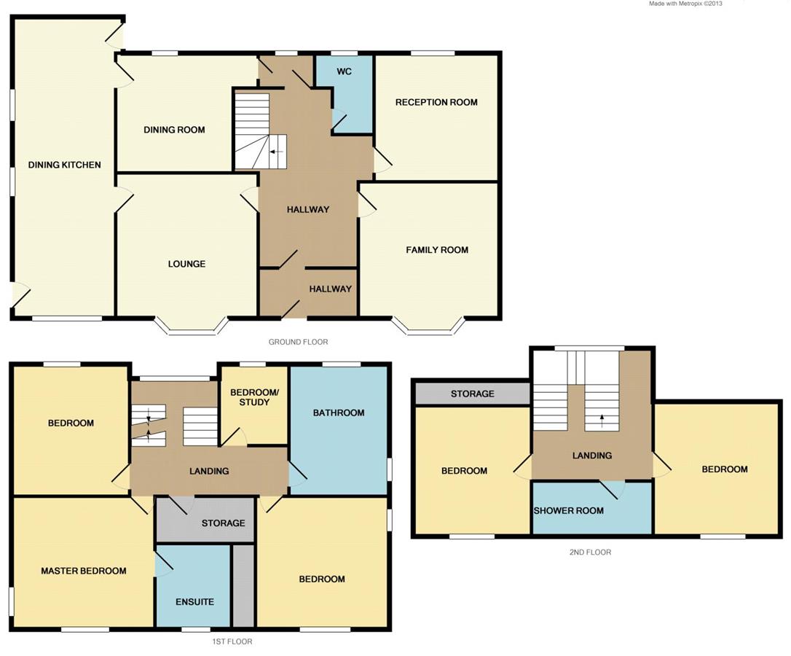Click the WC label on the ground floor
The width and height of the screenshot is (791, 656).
coord(344,72)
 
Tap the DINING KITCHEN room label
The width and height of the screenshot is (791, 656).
coord(65,165)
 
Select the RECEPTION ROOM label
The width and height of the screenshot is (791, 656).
coord(436,102)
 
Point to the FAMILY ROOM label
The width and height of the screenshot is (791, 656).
coord(437,250)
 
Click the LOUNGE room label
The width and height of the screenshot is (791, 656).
coord(186,264)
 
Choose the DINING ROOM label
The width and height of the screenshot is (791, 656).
coord(174,130)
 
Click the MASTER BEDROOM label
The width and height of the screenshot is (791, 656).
coord(84,571)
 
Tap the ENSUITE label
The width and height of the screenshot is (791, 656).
coord(194,602)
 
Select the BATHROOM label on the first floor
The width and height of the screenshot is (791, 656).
coord(339,413)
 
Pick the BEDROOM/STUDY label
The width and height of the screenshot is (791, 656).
coord(254,397)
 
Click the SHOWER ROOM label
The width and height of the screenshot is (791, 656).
coord(569,510)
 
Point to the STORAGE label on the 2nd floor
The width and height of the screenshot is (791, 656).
coord(472,394)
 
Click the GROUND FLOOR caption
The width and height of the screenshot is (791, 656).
coord(299,342)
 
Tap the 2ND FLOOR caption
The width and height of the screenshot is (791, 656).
coord(590,552)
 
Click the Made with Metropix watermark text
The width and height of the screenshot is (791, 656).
coord(685,4)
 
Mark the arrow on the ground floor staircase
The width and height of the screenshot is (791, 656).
coord(275,152)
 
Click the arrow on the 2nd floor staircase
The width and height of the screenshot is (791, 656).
coord(602,418)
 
